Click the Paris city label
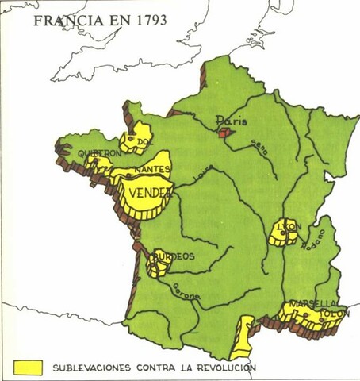pos(235,121)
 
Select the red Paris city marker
pos(224,132)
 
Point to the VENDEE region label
pos(149,193)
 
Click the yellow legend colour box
pos(28,366)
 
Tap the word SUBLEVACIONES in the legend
pos(94,368)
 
